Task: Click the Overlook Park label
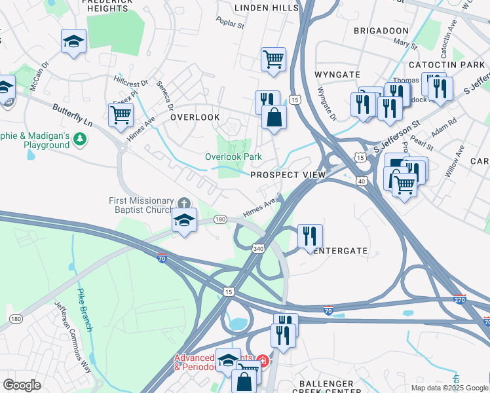[233, 157]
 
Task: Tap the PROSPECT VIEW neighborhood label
[288, 175]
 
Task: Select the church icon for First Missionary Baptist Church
[185, 201]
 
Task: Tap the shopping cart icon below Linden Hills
[273, 58]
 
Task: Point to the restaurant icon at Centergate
[310, 234]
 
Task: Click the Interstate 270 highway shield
[460, 299]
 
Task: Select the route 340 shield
[257, 247]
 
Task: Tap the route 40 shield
[360, 179]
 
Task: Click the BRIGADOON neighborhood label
[382, 31]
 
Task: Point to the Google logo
[22, 385]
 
